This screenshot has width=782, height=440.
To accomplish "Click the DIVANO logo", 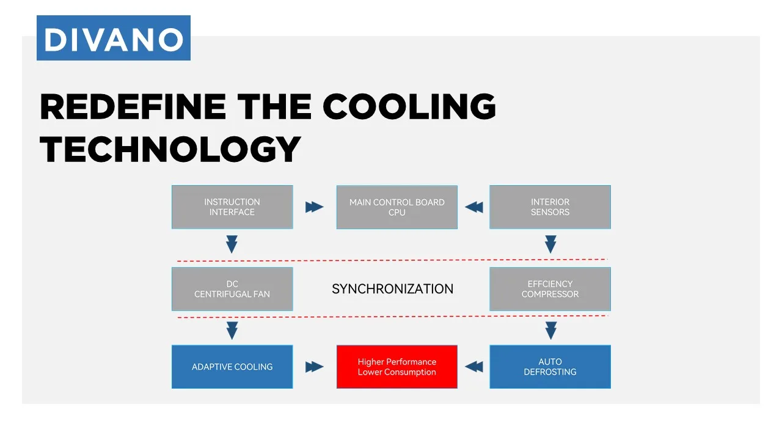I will (x=114, y=38).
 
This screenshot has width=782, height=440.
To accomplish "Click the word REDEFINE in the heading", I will (x=132, y=107).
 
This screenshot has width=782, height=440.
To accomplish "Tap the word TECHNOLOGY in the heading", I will (x=170, y=148).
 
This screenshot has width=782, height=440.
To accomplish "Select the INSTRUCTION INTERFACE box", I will (x=232, y=207).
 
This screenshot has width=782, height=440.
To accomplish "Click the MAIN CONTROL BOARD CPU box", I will (x=397, y=207).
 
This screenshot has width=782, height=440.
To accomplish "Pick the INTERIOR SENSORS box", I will (x=550, y=207).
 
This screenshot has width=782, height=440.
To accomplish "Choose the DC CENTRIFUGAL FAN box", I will (x=232, y=289).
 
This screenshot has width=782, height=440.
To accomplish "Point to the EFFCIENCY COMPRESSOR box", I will (x=550, y=289).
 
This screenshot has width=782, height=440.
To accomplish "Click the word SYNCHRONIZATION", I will (x=392, y=289).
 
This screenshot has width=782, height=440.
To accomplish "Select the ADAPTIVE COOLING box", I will (x=232, y=367).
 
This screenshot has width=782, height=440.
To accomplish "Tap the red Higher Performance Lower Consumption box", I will (x=397, y=367).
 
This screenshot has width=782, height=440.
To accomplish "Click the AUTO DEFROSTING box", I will (x=550, y=367).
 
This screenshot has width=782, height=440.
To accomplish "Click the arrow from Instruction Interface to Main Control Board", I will (x=314, y=207).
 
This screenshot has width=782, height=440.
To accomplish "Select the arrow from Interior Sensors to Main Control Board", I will (x=474, y=207).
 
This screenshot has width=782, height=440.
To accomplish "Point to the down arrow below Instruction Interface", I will (x=232, y=244).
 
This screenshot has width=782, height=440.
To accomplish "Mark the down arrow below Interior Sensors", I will (x=550, y=244).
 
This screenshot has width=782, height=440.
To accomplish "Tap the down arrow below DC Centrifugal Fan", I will (x=232, y=331).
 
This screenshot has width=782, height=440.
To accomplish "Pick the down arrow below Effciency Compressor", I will (x=550, y=331).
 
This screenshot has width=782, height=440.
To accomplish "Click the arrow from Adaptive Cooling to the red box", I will (x=314, y=367).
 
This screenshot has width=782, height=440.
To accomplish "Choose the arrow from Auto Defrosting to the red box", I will (x=474, y=367).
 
